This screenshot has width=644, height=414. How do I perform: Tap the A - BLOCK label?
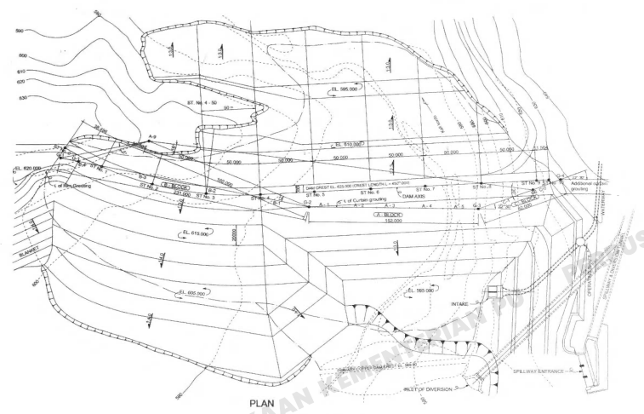389,216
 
